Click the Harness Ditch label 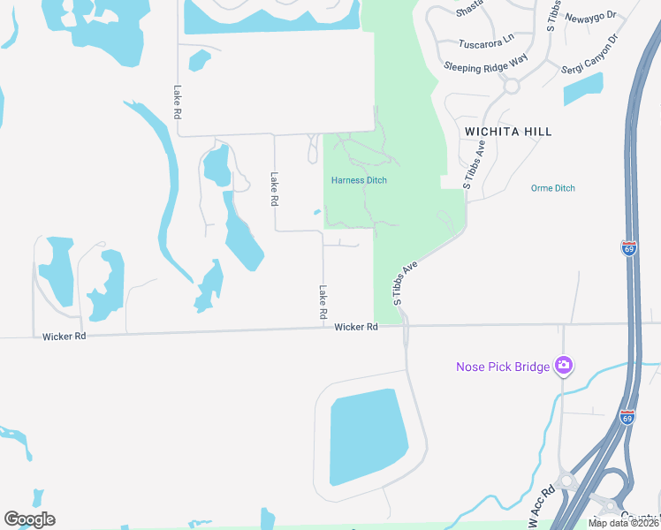pos(359,180)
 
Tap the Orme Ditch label pos(553,188)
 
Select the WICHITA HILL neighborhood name pos(508,132)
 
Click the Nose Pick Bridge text pos(503,366)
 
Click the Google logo pos(29,519)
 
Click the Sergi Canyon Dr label pos(593,55)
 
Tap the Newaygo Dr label pos(589,18)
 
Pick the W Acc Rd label pos(543,508)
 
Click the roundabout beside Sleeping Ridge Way pos(511,86)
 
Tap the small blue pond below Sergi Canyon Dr pos(583,89)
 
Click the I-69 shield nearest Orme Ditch pos(628,248)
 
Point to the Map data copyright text pos(624,523)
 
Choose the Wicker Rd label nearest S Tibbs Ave pos(356,327)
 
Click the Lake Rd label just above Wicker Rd pos(323,302)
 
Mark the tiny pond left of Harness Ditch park pos(317,211)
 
